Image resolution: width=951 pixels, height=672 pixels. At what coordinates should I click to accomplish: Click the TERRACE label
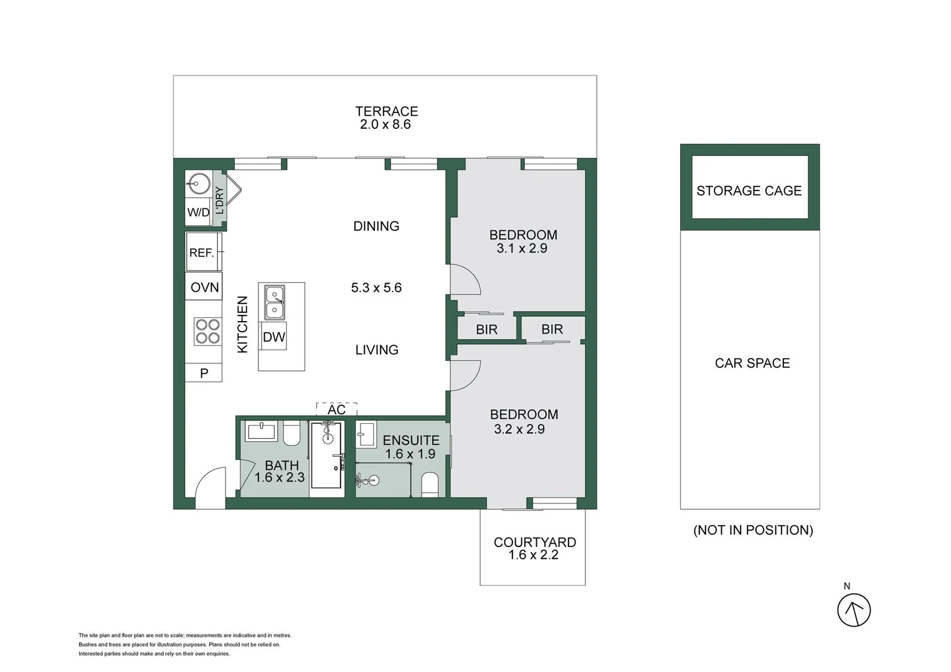(386, 111)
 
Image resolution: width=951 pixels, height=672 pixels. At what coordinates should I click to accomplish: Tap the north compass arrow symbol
(853, 610)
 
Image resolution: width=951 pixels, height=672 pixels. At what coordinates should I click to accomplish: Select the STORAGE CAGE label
(749, 191)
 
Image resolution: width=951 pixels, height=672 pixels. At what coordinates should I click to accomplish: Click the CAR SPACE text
(752, 363)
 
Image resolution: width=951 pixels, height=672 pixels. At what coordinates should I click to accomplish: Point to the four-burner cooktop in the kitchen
(207, 331)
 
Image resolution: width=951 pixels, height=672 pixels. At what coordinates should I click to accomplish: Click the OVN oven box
(204, 287)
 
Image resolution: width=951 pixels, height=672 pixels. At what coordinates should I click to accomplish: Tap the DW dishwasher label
(273, 337)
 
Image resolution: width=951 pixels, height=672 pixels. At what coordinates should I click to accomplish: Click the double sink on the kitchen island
(274, 302)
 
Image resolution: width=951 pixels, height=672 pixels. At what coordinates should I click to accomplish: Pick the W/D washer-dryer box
(198, 212)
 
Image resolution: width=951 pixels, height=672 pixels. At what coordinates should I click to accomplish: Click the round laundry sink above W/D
(199, 184)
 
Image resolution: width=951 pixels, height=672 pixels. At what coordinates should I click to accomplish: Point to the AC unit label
(336, 409)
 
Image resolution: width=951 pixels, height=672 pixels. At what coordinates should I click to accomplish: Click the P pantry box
(204, 373)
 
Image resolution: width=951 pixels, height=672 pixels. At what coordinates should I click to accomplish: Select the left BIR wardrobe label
(486, 330)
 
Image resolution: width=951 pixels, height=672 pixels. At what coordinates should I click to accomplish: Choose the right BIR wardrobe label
(552, 329)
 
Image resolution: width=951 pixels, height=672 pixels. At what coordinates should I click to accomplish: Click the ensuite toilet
(430, 484)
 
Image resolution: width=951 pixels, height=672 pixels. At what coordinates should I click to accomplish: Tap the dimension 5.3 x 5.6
(376, 287)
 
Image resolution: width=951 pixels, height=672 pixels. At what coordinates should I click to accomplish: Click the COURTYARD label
(534, 542)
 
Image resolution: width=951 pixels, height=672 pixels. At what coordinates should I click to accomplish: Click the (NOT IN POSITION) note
(752, 530)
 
